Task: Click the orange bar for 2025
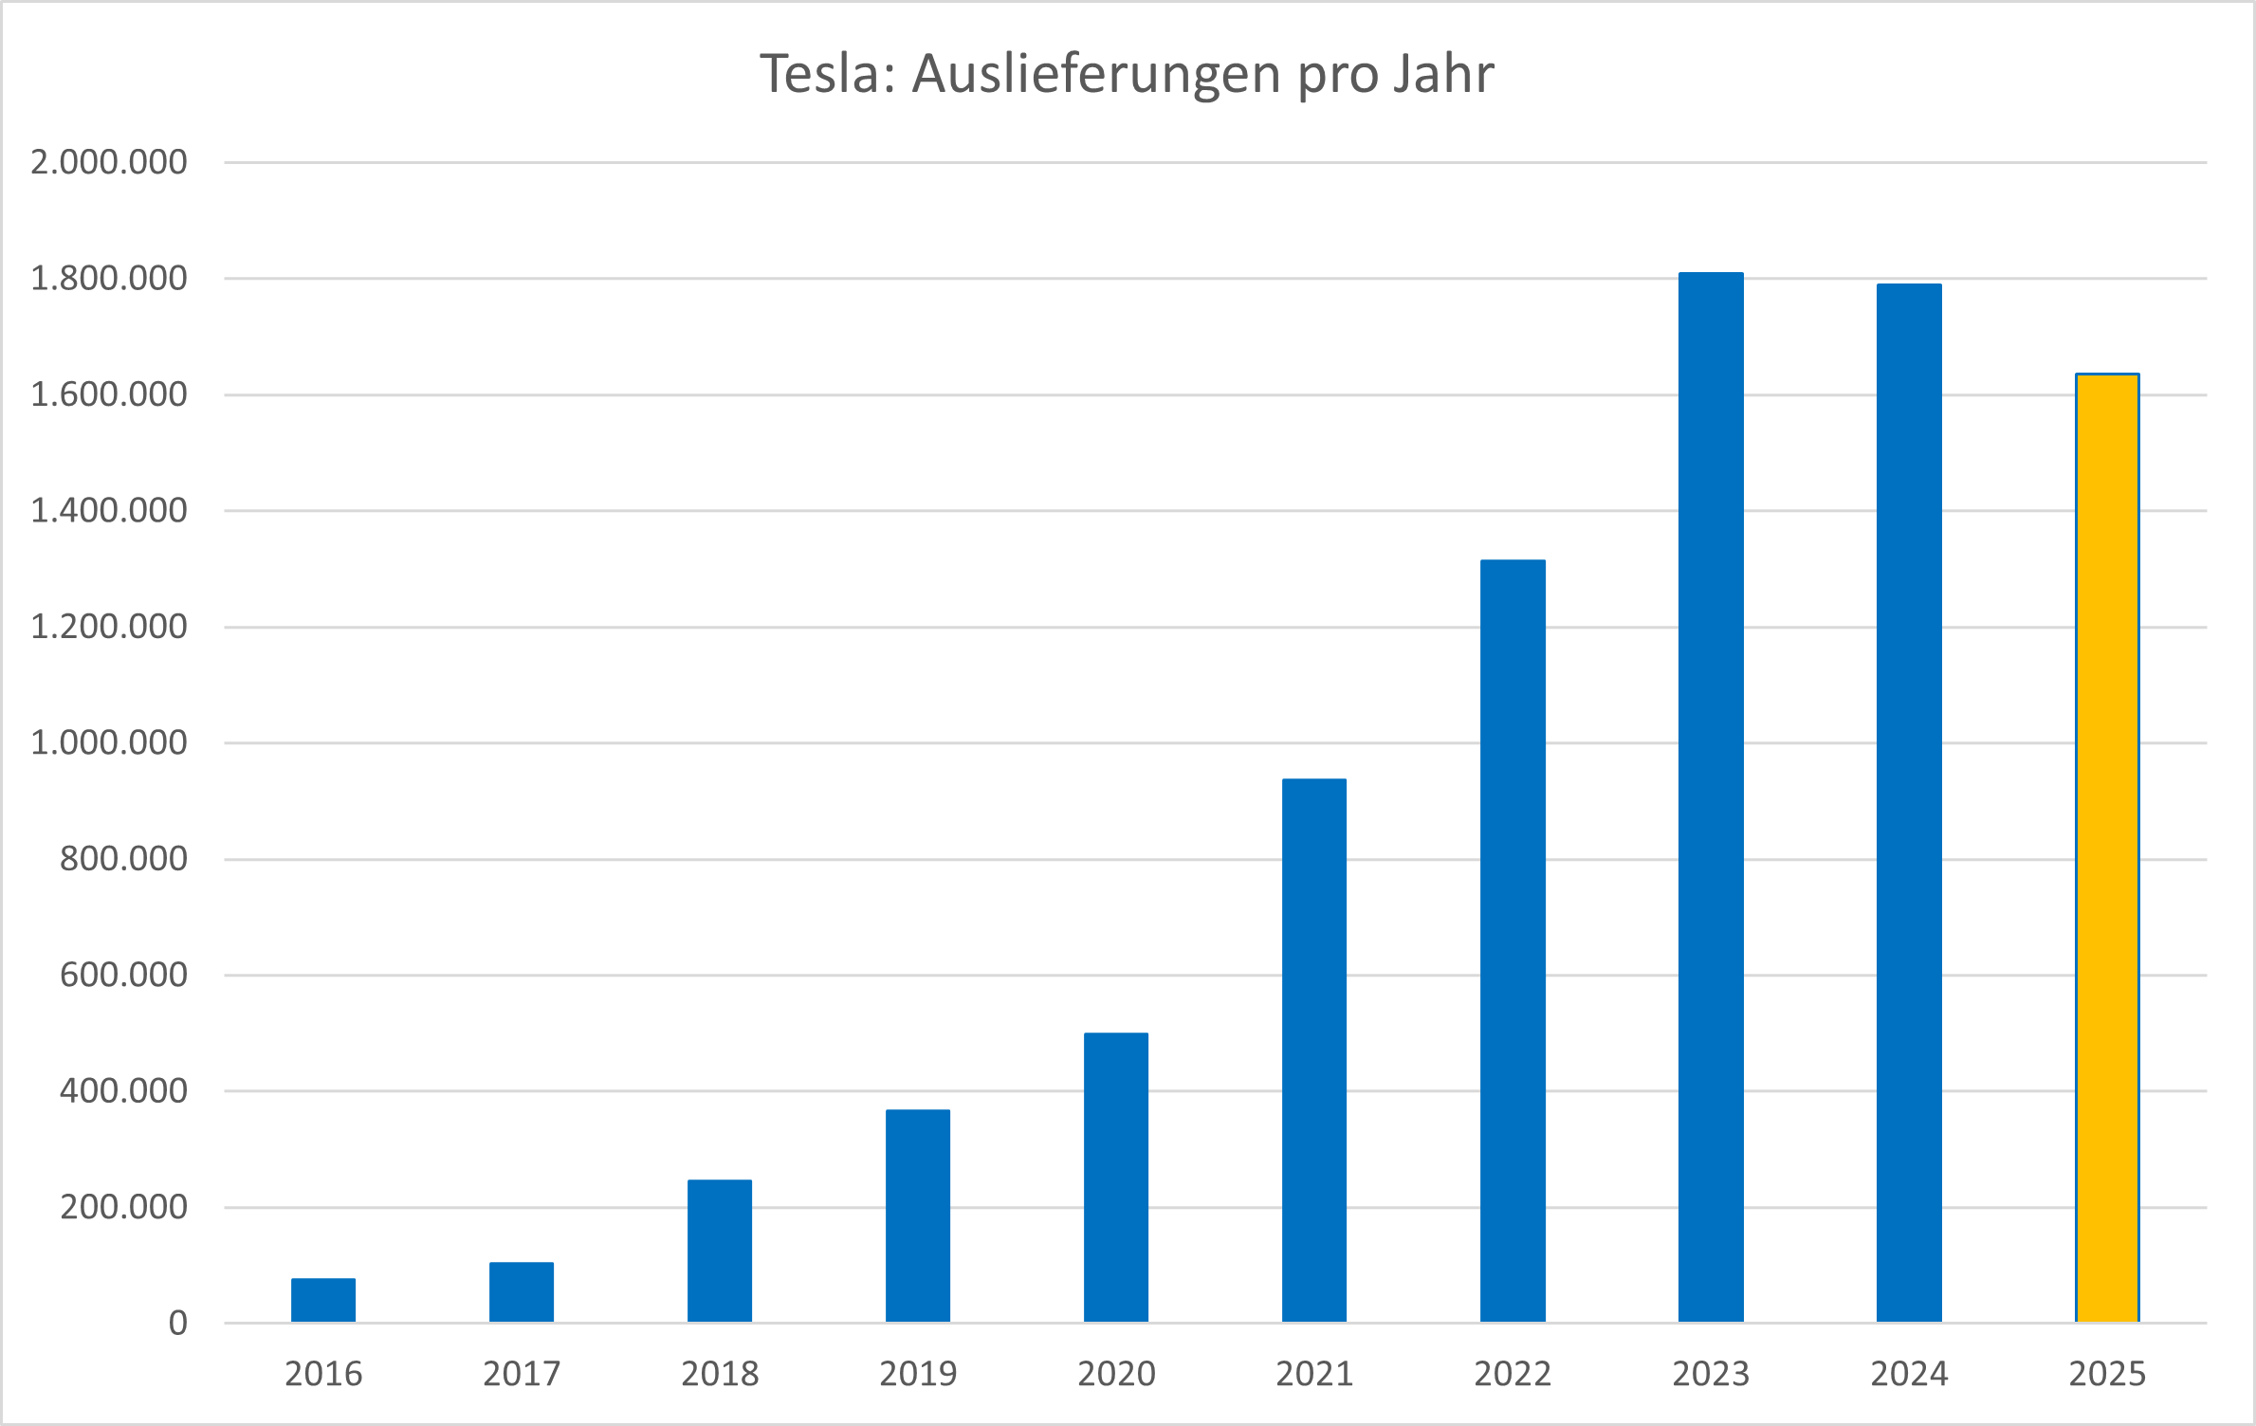tap(2107, 848)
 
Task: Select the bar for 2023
tap(1711, 796)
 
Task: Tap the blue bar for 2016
tap(323, 1300)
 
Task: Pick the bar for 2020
tap(1116, 1177)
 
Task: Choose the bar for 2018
tap(720, 1251)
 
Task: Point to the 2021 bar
tap(1314, 1050)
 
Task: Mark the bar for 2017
tap(522, 1291)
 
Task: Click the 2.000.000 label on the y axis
tap(109, 162)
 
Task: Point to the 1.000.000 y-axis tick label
tap(109, 742)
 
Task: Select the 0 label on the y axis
tap(178, 1323)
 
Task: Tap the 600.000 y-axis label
tap(123, 975)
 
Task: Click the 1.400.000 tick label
tap(109, 510)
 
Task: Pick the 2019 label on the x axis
tap(918, 1373)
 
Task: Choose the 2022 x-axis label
tap(1513, 1373)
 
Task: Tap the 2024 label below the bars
tap(1909, 1373)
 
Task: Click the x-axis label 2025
tap(2107, 1373)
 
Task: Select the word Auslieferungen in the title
tap(1096, 75)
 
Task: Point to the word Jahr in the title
tap(1443, 73)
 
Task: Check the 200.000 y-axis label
tap(123, 1207)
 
